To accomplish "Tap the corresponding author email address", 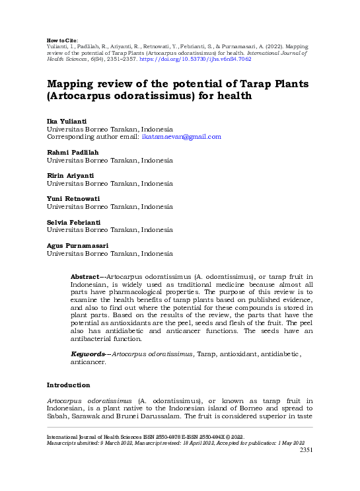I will coord(181,137).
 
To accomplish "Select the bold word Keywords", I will coord(87,354).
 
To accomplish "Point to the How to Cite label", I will coord(63,40).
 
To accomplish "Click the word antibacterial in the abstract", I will coord(96,339).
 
